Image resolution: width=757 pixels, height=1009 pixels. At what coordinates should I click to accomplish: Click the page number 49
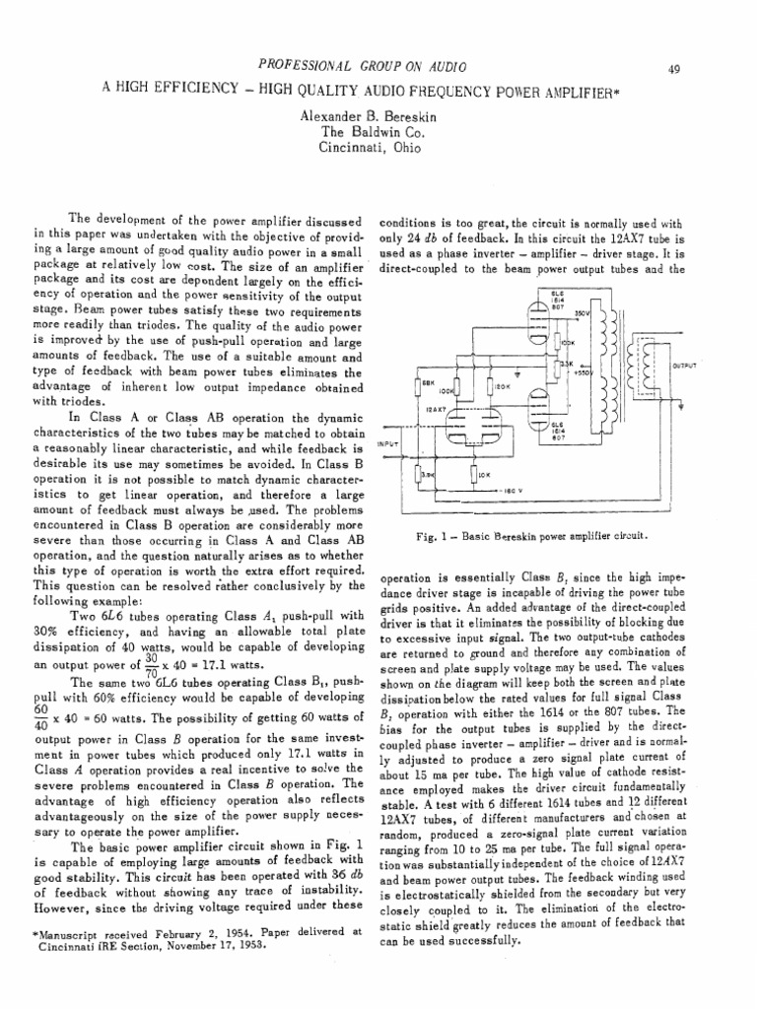click(x=729, y=68)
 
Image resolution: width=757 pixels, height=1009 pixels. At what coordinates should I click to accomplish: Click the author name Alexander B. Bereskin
click(x=378, y=115)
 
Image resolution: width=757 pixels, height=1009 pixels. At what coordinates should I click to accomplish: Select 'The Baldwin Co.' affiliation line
click(x=378, y=131)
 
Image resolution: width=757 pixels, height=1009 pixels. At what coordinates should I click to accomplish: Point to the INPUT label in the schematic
click(x=391, y=442)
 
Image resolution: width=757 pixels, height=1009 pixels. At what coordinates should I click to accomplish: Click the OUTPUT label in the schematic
click(x=684, y=364)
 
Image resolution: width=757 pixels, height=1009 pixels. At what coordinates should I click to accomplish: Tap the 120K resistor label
click(x=501, y=386)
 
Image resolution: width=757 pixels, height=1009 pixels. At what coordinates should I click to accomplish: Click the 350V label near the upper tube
click(x=580, y=312)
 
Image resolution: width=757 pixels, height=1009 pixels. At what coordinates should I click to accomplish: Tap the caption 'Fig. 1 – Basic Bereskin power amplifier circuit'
click(x=531, y=536)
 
